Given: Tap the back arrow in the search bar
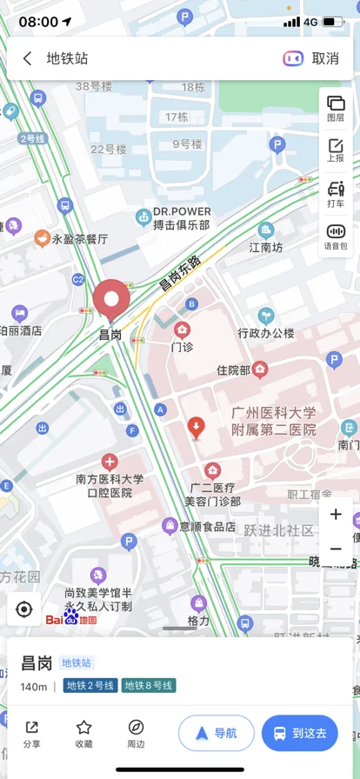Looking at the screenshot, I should [x=28, y=58].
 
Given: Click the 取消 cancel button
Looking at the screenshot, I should [x=325, y=58].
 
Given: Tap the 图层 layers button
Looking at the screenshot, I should [x=336, y=109].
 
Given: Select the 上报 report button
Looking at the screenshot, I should [x=336, y=150].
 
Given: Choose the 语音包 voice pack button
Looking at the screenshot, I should [x=336, y=236].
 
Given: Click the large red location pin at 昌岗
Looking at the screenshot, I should [x=111, y=300].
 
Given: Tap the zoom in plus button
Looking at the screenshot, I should [x=336, y=515].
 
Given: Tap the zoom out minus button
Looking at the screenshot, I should [x=336, y=549].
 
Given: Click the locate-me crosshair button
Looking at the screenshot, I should [x=24, y=609].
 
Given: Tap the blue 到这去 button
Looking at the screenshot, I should [x=300, y=733].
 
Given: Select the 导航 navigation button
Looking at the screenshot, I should [x=217, y=733].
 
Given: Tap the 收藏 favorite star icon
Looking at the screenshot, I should [x=83, y=733].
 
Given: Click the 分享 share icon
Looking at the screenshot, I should [x=31, y=733].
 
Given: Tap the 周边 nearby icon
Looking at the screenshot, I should [x=136, y=733].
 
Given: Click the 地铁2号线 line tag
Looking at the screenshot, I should [x=90, y=686].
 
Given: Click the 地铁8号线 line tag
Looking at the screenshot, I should [x=149, y=686].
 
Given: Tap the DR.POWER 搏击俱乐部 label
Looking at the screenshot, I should [x=181, y=218].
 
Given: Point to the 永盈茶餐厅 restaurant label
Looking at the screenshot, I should [x=78, y=238].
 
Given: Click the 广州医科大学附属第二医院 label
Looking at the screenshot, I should [x=273, y=421].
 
